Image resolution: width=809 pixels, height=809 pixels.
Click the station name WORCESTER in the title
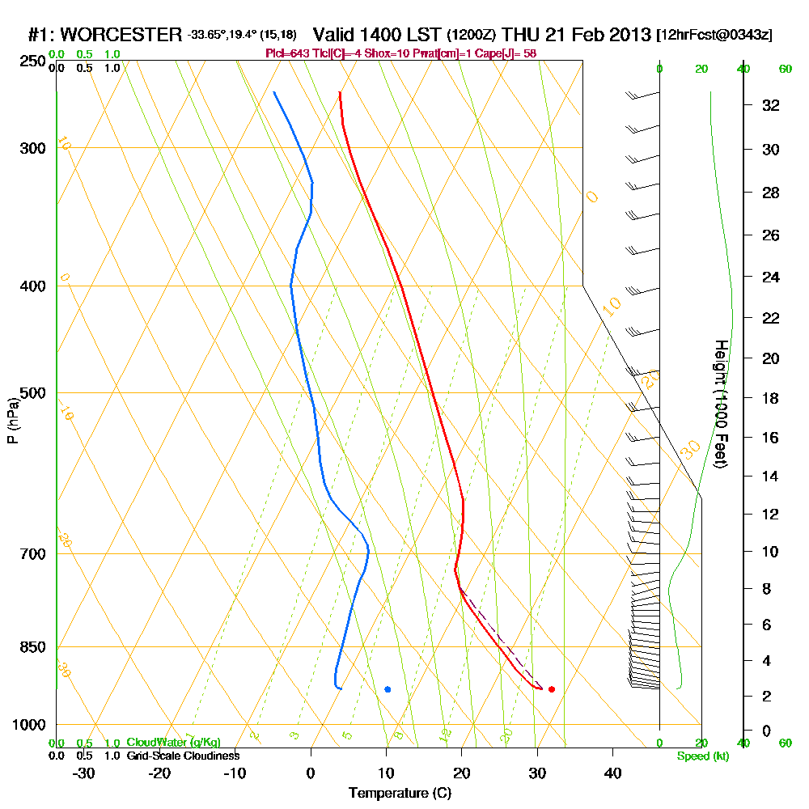click(121, 35)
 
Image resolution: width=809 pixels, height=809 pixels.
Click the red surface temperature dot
click(552, 689)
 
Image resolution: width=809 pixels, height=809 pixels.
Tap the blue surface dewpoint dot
click(388, 689)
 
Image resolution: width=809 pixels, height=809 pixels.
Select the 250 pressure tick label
click(31, 61)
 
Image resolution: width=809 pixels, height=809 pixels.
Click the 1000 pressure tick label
click(28, 725)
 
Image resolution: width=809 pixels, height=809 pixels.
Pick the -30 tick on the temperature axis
click(84, 773)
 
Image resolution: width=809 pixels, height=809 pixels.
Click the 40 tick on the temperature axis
click(612, 773)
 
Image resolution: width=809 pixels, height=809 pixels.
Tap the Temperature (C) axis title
click(400, 794)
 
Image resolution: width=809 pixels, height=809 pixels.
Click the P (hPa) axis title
click(12, 420)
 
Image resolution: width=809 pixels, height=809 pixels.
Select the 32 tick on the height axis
click(771, 105)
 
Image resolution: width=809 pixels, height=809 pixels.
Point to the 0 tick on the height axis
click(767, 731)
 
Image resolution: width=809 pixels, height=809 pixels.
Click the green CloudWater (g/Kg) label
click(173, 743)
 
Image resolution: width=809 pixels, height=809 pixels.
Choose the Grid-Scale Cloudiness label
click(183, 756)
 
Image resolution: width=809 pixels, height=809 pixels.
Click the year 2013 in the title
click(629, 35)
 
